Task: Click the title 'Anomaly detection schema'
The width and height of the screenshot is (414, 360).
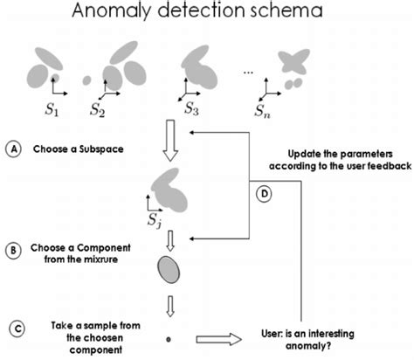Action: click(207, 12)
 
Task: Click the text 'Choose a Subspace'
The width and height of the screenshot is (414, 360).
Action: click(78, 149)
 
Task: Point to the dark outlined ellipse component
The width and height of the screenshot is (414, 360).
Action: click(168, 271)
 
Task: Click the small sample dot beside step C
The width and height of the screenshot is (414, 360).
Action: click(168, 336)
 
